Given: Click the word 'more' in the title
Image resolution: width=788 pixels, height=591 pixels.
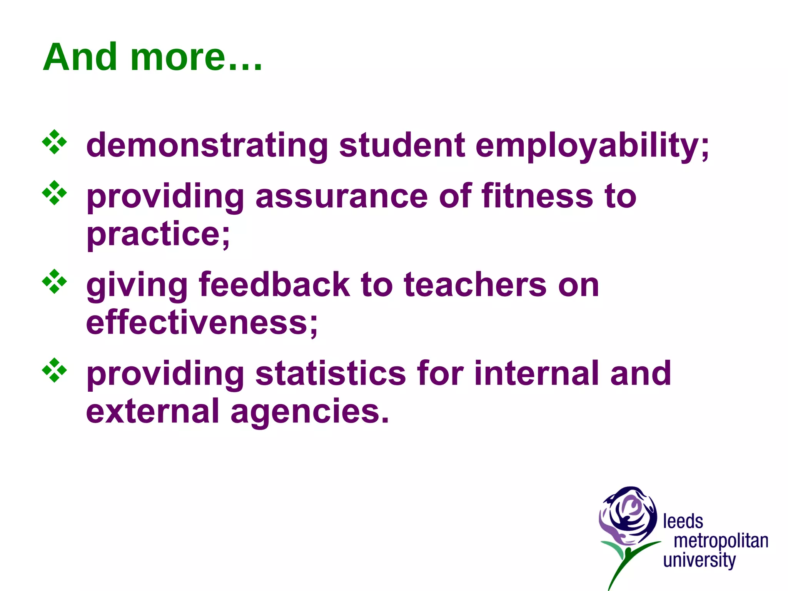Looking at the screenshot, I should pyautogui.click(x=178, y=58).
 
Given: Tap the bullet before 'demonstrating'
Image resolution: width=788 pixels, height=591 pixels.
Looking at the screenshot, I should pyautogui.click(x=54, y=142).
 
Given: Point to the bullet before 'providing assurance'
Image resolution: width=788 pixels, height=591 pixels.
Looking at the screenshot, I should pyautogui.click(x=54, y=193).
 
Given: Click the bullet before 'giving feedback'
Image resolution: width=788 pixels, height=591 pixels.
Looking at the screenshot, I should pyautogui.click(x=54, y=282).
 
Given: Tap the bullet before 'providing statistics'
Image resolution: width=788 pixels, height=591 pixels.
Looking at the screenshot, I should pyautogui.click(x=54, y=371).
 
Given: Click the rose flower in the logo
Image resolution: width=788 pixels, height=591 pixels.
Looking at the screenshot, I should pyautogui.click(x=628, y=516).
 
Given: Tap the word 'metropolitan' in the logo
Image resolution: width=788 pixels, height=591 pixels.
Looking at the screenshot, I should pyautogui.click(x=721, y=541).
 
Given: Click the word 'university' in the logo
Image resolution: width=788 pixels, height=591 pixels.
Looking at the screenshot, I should pyautogui.click(x=699, y=560).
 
